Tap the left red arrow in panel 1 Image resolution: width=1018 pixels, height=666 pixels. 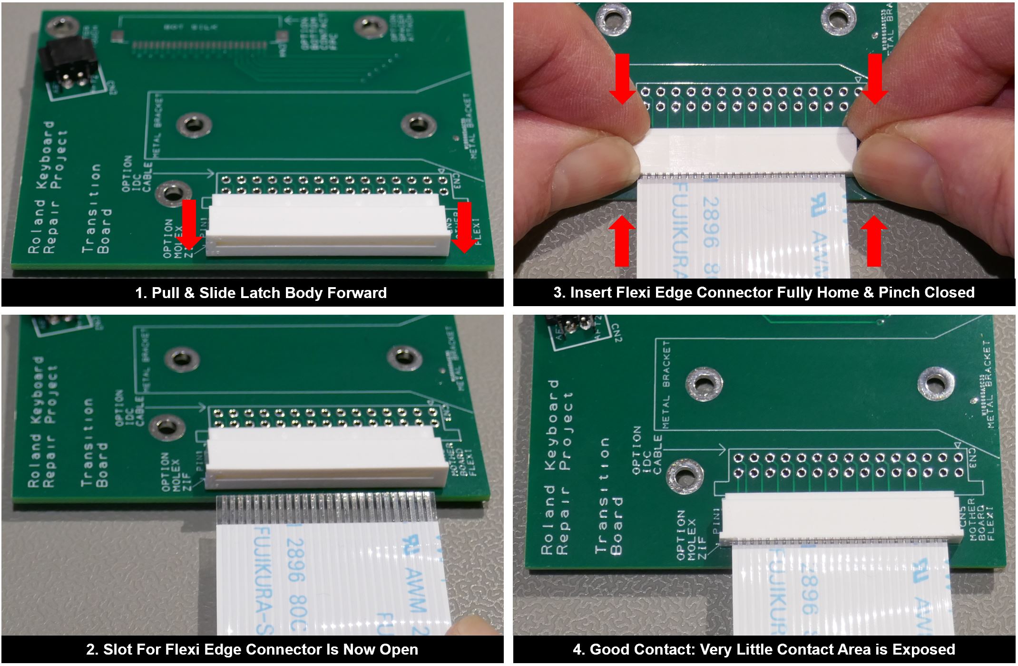[x=189, y=223]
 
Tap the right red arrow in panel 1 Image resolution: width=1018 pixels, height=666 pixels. [x=463, y=226]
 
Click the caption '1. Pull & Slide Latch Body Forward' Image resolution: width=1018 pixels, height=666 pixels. [x=261, y=293]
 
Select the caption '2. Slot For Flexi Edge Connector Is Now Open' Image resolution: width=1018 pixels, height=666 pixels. [x=252, y=649]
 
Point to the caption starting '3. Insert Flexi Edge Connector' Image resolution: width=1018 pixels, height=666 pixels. [x=764, y=292]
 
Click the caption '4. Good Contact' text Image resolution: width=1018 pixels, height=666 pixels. [x=764, y=649]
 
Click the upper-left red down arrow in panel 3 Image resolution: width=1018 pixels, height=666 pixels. [x=622, y=78]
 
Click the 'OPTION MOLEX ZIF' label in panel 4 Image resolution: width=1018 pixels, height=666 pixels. [x=688, y=535]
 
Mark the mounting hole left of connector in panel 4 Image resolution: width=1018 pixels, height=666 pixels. [x=684, y=476]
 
